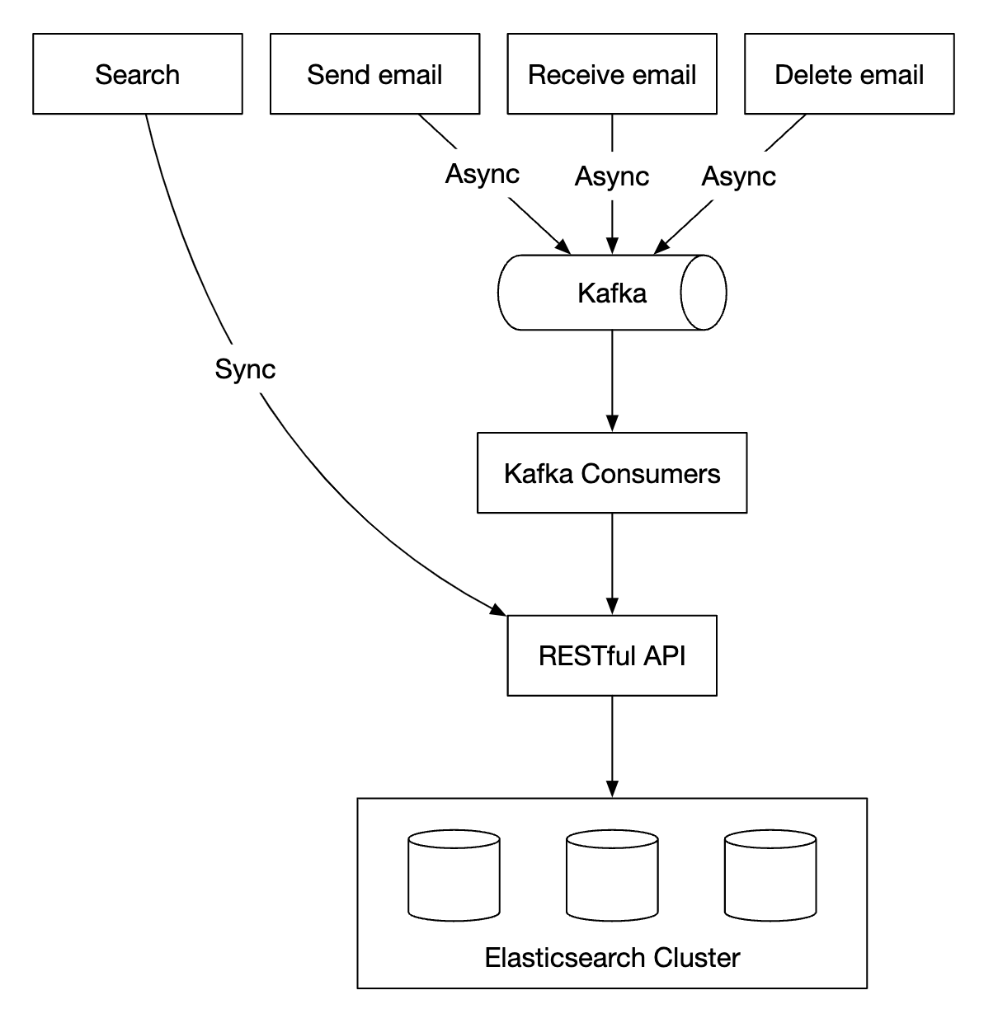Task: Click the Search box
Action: (x=137, y=74)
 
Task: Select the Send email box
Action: (x=374, y=74)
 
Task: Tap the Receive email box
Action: (x=611, y=74)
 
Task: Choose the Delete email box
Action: (x=849, y=74)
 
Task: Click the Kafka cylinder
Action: (x=611, y=293)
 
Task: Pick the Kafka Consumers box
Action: (x=611, y=473)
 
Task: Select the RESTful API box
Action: (x=611, y=655)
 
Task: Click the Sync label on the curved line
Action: (x=245, y=368)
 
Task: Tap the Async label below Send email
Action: (x=482, y=174)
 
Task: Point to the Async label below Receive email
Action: (x=611, y=176)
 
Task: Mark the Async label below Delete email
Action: (x=738, y=176)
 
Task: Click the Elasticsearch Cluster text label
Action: (x=611, y=957)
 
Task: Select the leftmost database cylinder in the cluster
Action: (x=454, y=875)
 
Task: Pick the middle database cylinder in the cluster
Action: (x=611, y=875)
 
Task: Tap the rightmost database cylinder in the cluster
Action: (x=770, y=875)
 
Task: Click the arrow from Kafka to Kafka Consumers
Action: (x=611, y=379)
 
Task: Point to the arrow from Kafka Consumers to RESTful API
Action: (x=611, y=562)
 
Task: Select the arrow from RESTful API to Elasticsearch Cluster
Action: (x=611, y=745)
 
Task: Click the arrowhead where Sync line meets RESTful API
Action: (x=498, y=610)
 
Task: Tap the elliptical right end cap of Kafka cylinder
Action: (x=703, y=293)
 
